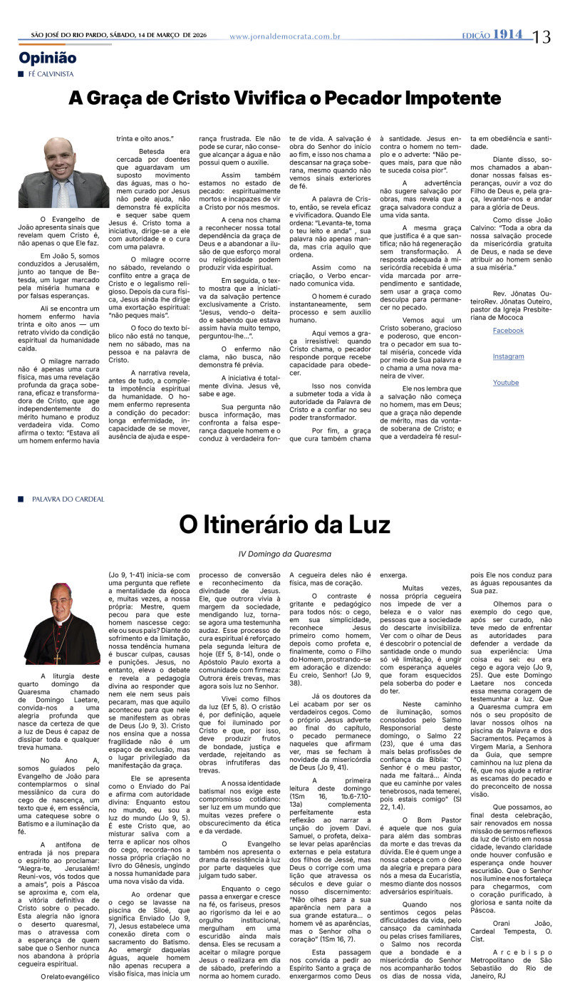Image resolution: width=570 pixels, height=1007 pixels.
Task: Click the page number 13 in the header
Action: [541, 36]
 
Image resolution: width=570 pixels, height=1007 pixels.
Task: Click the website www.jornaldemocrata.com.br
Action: [285, 36]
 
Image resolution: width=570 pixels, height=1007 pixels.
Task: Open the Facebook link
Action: [508, 331]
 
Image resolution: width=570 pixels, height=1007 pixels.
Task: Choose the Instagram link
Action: [508, 356]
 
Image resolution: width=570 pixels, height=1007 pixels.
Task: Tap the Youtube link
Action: [506, 383]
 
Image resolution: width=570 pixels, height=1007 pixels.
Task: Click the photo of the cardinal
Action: [63, 624]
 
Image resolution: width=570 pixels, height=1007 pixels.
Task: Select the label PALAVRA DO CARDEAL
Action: [68, 499]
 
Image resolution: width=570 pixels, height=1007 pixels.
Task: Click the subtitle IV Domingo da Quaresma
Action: [285, 554]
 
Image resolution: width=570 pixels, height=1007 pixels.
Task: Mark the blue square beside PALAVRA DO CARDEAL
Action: [22, 499]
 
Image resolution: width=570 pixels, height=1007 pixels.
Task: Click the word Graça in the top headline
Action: [113, 98]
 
